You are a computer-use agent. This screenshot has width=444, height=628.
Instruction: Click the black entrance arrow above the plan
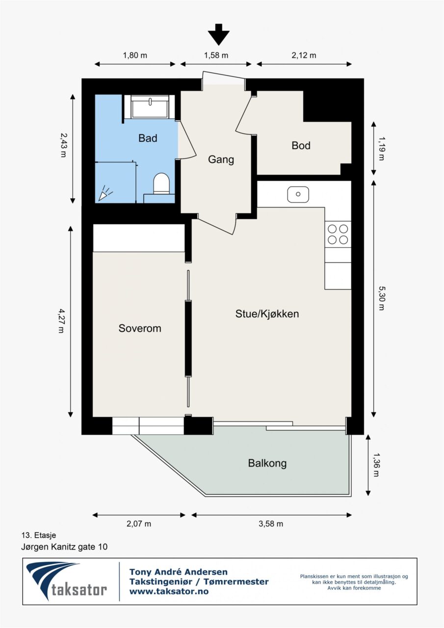(x=219, y=34)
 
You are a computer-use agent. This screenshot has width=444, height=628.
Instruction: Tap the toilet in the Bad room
(x=161, y=183)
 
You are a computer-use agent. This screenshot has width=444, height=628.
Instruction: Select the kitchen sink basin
(x=298, y=194)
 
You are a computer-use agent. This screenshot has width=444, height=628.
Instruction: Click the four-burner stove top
(x=338, y=235)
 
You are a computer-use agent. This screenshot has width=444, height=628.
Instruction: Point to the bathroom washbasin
(x=150, y=107)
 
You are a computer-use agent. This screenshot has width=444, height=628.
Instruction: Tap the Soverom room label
(x=140, y=328)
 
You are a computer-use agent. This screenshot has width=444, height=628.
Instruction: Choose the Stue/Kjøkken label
(x=267, y=314)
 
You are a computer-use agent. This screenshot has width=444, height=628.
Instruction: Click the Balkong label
(x=267, y=463)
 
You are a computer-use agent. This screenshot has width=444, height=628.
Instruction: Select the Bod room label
(x=301, y=146)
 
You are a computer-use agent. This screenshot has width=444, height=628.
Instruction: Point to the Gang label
(x=221, y=160)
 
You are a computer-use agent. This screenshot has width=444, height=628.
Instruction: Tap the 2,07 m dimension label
(x=139, y=523)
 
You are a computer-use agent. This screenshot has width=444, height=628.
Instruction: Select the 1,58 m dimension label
(x=216, y=55)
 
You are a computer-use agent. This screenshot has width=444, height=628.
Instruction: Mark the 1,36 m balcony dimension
(x=376, y=465)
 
